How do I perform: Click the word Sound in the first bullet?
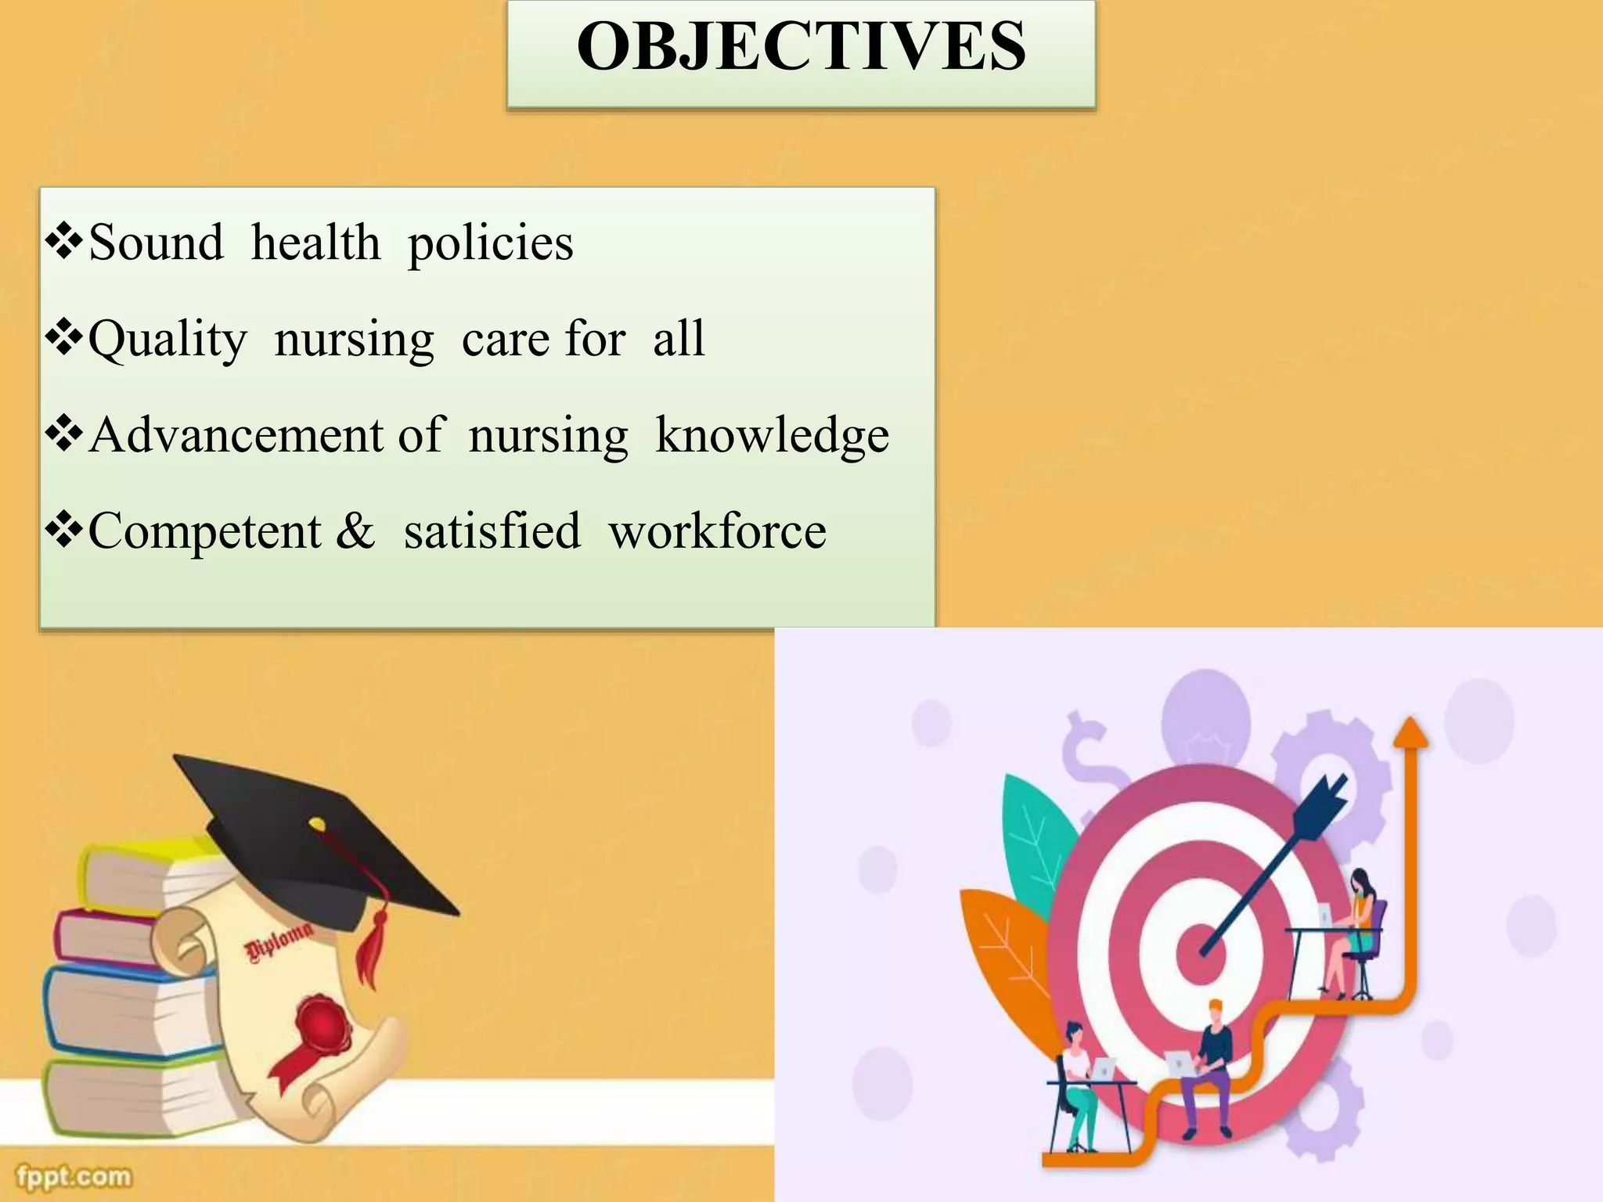[156, 243]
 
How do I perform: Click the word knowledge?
[772, 435]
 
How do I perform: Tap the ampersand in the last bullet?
[355, 531]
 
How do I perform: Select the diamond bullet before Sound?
[64, 243]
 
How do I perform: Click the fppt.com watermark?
[74, 1176]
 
